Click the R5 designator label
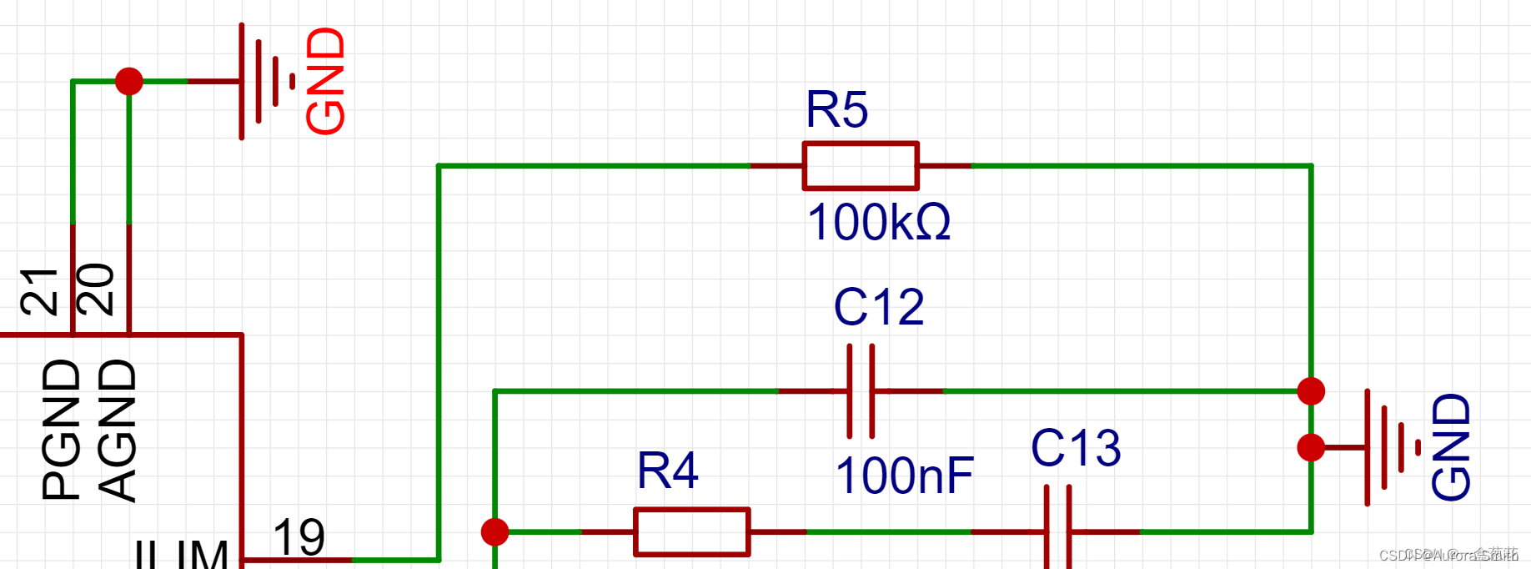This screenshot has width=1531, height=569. (x=836, y=110)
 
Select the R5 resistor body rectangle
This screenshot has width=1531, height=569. (x=861, y=166)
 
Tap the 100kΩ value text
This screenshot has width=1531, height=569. (x=878, y=223)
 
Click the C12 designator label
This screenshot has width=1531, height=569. (x=879, y=307)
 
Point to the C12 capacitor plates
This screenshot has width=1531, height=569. (x=861, y=390)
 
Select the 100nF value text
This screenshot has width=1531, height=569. (x=904, y=476)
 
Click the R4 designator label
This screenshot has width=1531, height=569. (x=667, y=471)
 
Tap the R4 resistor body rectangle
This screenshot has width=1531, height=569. (x=691, y=531)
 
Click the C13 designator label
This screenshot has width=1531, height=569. (x=1076, y=448)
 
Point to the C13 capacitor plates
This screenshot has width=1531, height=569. (x=1058, y=531)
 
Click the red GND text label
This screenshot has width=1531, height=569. (x=325, y=80)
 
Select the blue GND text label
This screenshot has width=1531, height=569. (x=1451, y=447)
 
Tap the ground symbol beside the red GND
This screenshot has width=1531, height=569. (x=263, y=81)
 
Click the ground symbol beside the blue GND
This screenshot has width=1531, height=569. (x=1388, y=447)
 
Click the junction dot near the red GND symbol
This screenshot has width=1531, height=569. (x=128, y=81)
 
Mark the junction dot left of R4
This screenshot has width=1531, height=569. (x=494, y=531)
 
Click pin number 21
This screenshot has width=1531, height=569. (x=40, y=291)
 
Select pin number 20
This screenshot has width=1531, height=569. (x=96, y=290)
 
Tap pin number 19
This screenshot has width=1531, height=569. (x=299, y=537)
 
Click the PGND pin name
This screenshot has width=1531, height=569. (x=62, y=430)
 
